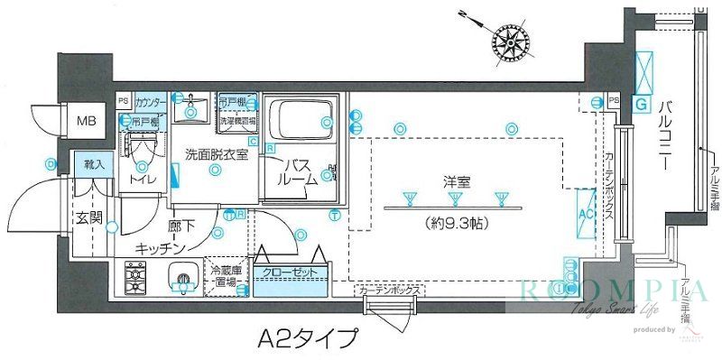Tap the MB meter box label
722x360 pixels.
coord(87,120)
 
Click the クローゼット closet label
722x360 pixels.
coord(290,271)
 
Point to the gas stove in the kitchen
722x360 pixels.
coord(137,277)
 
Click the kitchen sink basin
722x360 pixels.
coord(183,280)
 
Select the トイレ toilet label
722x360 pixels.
coord(143,180)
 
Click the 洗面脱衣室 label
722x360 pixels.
coord(215,152)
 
